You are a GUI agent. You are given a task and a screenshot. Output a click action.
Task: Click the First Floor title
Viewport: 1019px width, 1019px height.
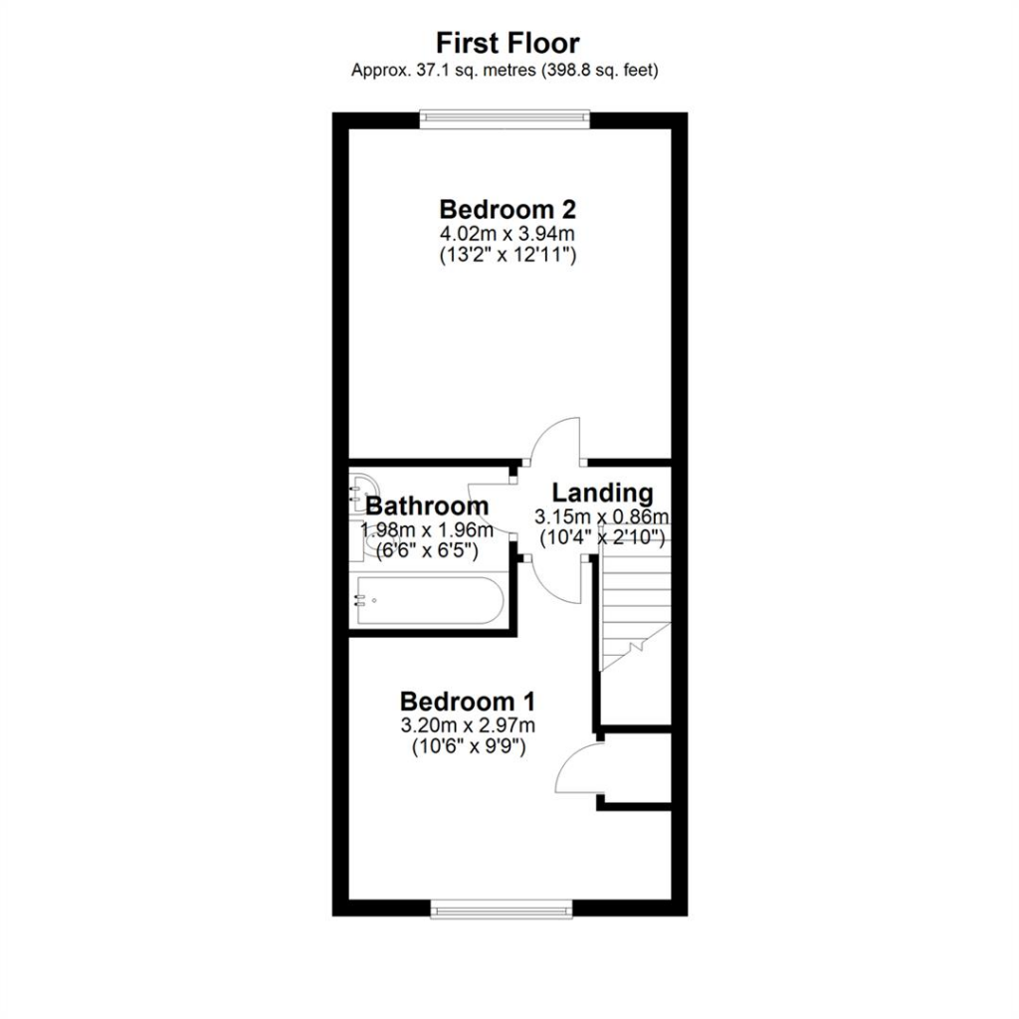click(508, 43)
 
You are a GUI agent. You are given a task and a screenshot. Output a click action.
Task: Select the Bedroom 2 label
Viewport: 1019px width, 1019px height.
click(508, 209)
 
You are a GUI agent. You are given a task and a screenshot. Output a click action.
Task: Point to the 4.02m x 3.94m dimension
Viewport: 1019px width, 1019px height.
click(508, 233)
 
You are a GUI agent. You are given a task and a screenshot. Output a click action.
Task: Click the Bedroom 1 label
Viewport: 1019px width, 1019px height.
click(468, 702)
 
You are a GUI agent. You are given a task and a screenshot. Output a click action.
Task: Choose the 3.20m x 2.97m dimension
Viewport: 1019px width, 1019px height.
click(468, 724)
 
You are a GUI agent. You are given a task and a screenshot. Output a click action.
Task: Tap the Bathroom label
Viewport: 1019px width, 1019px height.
click(427, 506)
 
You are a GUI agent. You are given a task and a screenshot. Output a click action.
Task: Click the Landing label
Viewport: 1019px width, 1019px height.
click(602, 494)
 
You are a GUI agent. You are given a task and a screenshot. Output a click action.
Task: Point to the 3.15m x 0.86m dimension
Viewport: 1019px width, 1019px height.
click(602, 516)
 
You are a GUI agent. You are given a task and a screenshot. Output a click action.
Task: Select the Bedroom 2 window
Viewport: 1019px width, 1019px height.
click(505, 117)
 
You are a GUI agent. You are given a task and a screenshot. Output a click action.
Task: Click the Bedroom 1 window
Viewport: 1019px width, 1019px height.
click(502, 908)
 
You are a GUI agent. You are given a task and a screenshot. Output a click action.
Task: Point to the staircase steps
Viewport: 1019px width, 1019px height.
click(635, 604)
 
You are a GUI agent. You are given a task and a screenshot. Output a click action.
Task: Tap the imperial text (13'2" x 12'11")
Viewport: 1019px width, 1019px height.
click(508, 256)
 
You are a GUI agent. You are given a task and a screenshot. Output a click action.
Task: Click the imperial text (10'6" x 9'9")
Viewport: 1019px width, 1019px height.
click(469, 747)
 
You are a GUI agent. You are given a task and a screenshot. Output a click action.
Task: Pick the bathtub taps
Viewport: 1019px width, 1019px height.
click(359, 600)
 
